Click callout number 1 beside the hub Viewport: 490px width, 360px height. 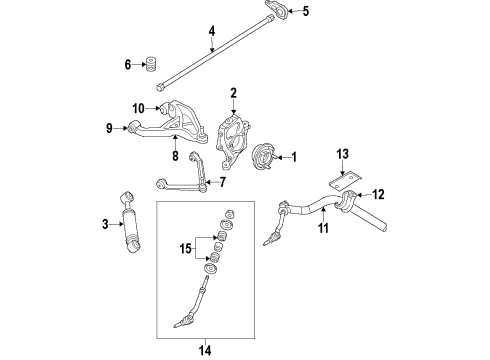tap(294, 157)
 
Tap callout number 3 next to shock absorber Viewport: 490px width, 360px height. tap(104, 225)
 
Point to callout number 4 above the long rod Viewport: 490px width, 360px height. tap(211, 31)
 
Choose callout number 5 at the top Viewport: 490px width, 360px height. tap(306, 12)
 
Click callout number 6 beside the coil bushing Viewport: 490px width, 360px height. tap(128, 66)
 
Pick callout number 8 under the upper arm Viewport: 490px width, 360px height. tap(174, 156)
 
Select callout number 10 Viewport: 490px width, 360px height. tap(139, 106)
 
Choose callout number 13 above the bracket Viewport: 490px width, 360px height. tap(343, 154)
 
